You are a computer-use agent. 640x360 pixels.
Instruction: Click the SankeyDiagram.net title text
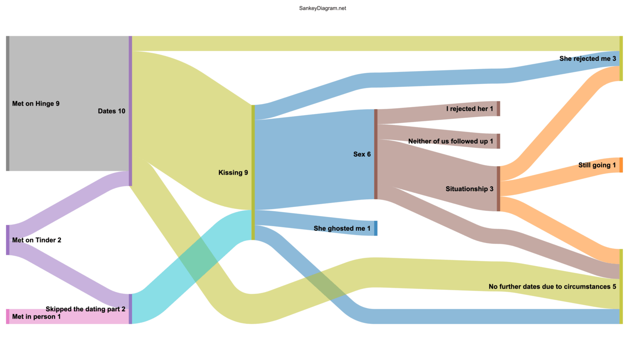coord(322,8)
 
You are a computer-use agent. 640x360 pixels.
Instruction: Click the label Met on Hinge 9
coord(36,104)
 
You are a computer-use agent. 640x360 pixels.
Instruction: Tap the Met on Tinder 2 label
coord(37,240)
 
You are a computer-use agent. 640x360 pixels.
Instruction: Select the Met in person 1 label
coord(36,317)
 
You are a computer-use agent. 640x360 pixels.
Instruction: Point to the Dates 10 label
coord(111,111)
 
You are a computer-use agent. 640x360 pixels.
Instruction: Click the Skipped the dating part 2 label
coord(85,309)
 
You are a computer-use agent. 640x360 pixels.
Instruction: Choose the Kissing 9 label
coord(233,172)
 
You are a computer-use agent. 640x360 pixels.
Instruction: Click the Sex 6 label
coord(362,154)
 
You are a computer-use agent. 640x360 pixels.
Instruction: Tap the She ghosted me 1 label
coord(342,228)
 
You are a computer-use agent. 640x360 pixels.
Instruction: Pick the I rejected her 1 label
coord(470,109)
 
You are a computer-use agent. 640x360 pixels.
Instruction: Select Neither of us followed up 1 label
coord(450,141)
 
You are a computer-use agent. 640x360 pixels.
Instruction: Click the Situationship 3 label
coord(469,189)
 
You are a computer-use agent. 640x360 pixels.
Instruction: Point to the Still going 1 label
coord(597,165)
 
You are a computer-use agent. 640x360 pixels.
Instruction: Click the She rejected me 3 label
coord(587,59)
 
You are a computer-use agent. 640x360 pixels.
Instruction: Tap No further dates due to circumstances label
coord(552,287)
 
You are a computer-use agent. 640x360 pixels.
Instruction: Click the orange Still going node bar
coord(621,165)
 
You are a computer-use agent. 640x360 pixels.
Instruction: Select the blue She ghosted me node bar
coord(376,228)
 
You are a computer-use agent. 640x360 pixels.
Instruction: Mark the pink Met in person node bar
coord(7,317)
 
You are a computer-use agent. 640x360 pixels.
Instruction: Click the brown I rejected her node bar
coord(498,109)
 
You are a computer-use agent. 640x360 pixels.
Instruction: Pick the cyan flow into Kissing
coord(192,267)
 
